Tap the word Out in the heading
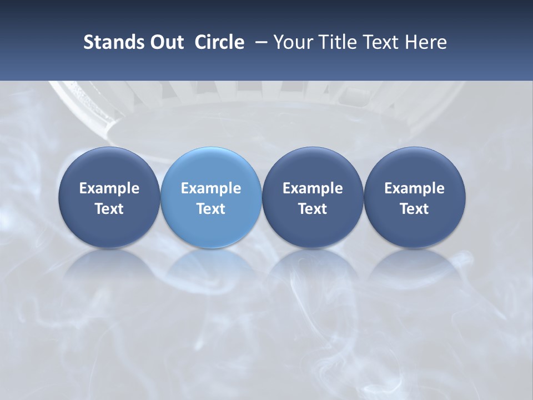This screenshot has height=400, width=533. point(165,42)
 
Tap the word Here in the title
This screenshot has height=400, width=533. point(426,42)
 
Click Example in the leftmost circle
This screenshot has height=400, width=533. point(109,188)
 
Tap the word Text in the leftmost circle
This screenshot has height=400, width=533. point(109,209)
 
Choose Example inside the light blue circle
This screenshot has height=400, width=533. point(211,188)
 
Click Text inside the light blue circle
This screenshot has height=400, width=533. point(211,209)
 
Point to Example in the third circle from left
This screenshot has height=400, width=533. point(313,188)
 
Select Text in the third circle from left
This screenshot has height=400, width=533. point(313,209)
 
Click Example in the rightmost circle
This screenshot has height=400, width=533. point(414,188)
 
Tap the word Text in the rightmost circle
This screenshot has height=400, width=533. point(414,209)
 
